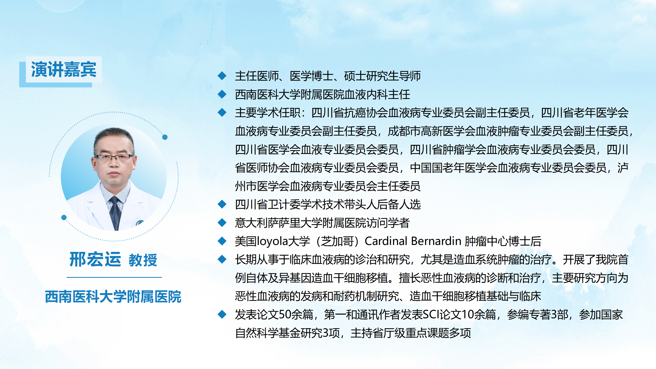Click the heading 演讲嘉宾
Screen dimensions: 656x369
pyautogui.click(x=64, y=69)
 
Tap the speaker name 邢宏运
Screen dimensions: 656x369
pyautogui.click(x=95, y=259)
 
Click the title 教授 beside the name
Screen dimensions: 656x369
pyautogui.click(x=143, y=260)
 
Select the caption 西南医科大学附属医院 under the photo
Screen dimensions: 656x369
pyautogui.click(x=113, y=297)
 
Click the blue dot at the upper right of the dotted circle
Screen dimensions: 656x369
pyautogui.click(x=165, y=137)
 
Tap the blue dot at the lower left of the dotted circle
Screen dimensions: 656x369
pyautogui.click(x=64, y=218)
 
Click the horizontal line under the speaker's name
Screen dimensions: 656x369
pyautogui.click(x=114, y=277)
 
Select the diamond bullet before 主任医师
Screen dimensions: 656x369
pyautogui.click(x=222, y=76)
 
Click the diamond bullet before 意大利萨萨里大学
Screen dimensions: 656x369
pyautogui.click(x=222, y=222)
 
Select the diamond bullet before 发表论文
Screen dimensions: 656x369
pyautogui.click(x=222, y=314)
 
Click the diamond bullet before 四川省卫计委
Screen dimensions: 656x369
pyautogui.click(x=222, y=204)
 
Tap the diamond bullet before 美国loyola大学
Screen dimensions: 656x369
pyautogui.click(x=222, y=241)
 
